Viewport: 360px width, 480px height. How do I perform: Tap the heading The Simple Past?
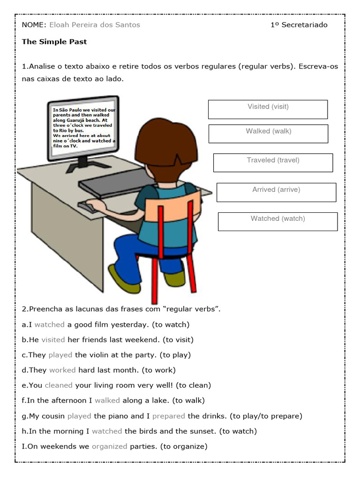click(x=54, y=42)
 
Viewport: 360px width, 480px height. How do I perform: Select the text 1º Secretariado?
click(x=299, y=25)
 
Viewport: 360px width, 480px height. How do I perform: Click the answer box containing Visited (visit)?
click(x=268, y=109)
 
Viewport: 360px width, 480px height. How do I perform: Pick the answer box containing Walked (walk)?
click(x=268, y=134)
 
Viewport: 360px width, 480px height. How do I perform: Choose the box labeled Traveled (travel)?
click(x=273, y=163)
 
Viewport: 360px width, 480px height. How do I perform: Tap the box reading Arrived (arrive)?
click(x=276, y=192)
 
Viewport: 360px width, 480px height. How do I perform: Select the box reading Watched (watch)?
click(x=277, y=221)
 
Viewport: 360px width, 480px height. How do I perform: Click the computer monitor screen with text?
click(x=83, y=127)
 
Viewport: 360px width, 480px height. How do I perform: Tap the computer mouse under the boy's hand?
click(x=87, y=206)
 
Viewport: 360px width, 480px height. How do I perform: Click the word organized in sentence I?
click(x=109, y=446)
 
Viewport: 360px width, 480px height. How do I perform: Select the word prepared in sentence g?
click(x=169, y=416)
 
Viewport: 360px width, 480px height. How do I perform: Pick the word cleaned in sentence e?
click(x=59, y=385)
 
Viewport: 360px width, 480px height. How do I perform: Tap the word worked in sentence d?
click(x=62, y=370)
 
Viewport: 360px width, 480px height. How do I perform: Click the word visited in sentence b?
click(x=53, y=339)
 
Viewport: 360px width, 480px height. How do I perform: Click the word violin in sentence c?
click(x=100, y=355)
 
